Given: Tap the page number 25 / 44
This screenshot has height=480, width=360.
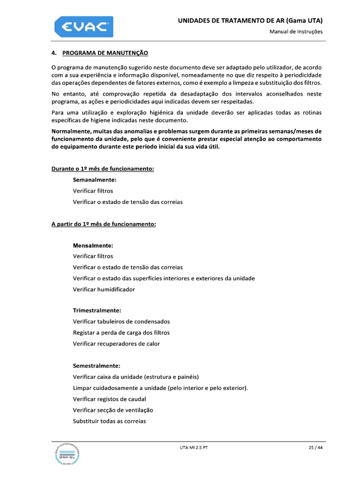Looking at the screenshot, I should pyautogui.click(x=315, y=448).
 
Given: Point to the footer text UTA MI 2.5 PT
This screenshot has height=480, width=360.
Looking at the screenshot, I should pyautogui.click(x=194, y=448).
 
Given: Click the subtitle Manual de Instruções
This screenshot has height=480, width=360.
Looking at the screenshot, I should pyautogui.click(x=296, y=32).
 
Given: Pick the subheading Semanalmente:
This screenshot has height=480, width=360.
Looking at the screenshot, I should pyautogui.click(x=95, y=180).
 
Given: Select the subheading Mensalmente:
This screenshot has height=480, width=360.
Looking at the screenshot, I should pyautogui.click(x=93, y=245).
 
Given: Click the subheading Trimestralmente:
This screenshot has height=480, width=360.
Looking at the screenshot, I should pyautogui.click(x=97, y=310).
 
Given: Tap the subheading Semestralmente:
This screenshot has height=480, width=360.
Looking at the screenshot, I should pyautogui.click(x=97, y=366).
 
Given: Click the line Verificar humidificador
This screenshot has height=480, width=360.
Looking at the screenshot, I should pyautogui.click(x=104, y=289).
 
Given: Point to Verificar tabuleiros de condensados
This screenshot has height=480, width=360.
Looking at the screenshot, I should pyautogui.click(x=121, y=322).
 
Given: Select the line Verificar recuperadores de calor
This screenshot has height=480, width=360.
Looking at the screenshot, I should pyautogui.click(x=116, y=344).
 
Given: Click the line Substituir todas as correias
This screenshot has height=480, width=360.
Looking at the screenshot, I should pyautogui.click(x=109, y=421).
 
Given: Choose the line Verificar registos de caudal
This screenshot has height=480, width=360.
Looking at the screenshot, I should pyautogui.click(x=109, y=399).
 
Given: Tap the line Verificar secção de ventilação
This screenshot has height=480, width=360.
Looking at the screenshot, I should pyautogui.click(x=113, y=410).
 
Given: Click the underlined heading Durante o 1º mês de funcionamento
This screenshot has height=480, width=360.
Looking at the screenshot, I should pyautogui.click(x=103, y=169).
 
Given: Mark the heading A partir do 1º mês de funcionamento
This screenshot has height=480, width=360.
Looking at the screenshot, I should pyautogui.click(x=104, y=224).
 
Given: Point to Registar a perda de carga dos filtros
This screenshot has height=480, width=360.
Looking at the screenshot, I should pyautogui.click(x=121, y=332).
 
